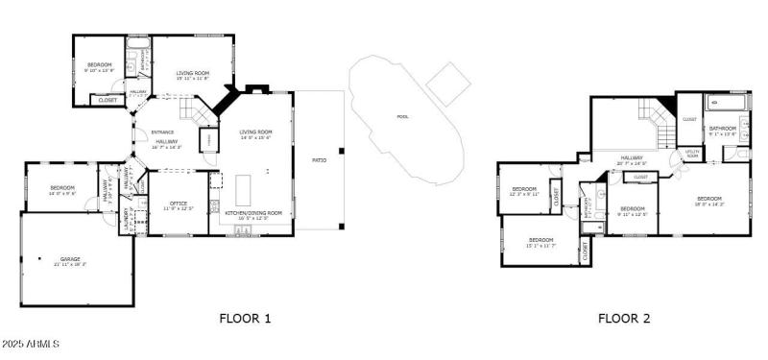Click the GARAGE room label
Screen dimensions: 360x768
tap(70, 259)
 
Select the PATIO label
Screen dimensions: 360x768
tap(319, 160)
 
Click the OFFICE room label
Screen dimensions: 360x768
tap(178, 204)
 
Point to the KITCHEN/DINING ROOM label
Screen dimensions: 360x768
tap(253, 212)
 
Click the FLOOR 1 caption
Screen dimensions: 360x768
tap(246, 318)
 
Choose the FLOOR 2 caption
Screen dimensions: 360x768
tap(624, 318)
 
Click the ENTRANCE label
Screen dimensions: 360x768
tap(162, 132)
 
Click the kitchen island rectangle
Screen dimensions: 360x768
tap(241, 183)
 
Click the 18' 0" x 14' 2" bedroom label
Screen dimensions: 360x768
tap(708, 200)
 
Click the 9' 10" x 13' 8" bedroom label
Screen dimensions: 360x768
tap(100, 67)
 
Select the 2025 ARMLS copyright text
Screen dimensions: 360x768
tap(32, 344)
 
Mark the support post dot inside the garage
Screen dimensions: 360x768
tap(39, 257)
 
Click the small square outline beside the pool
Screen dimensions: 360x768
tap(448, 84)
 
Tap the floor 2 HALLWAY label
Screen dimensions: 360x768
tap(631, 159)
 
